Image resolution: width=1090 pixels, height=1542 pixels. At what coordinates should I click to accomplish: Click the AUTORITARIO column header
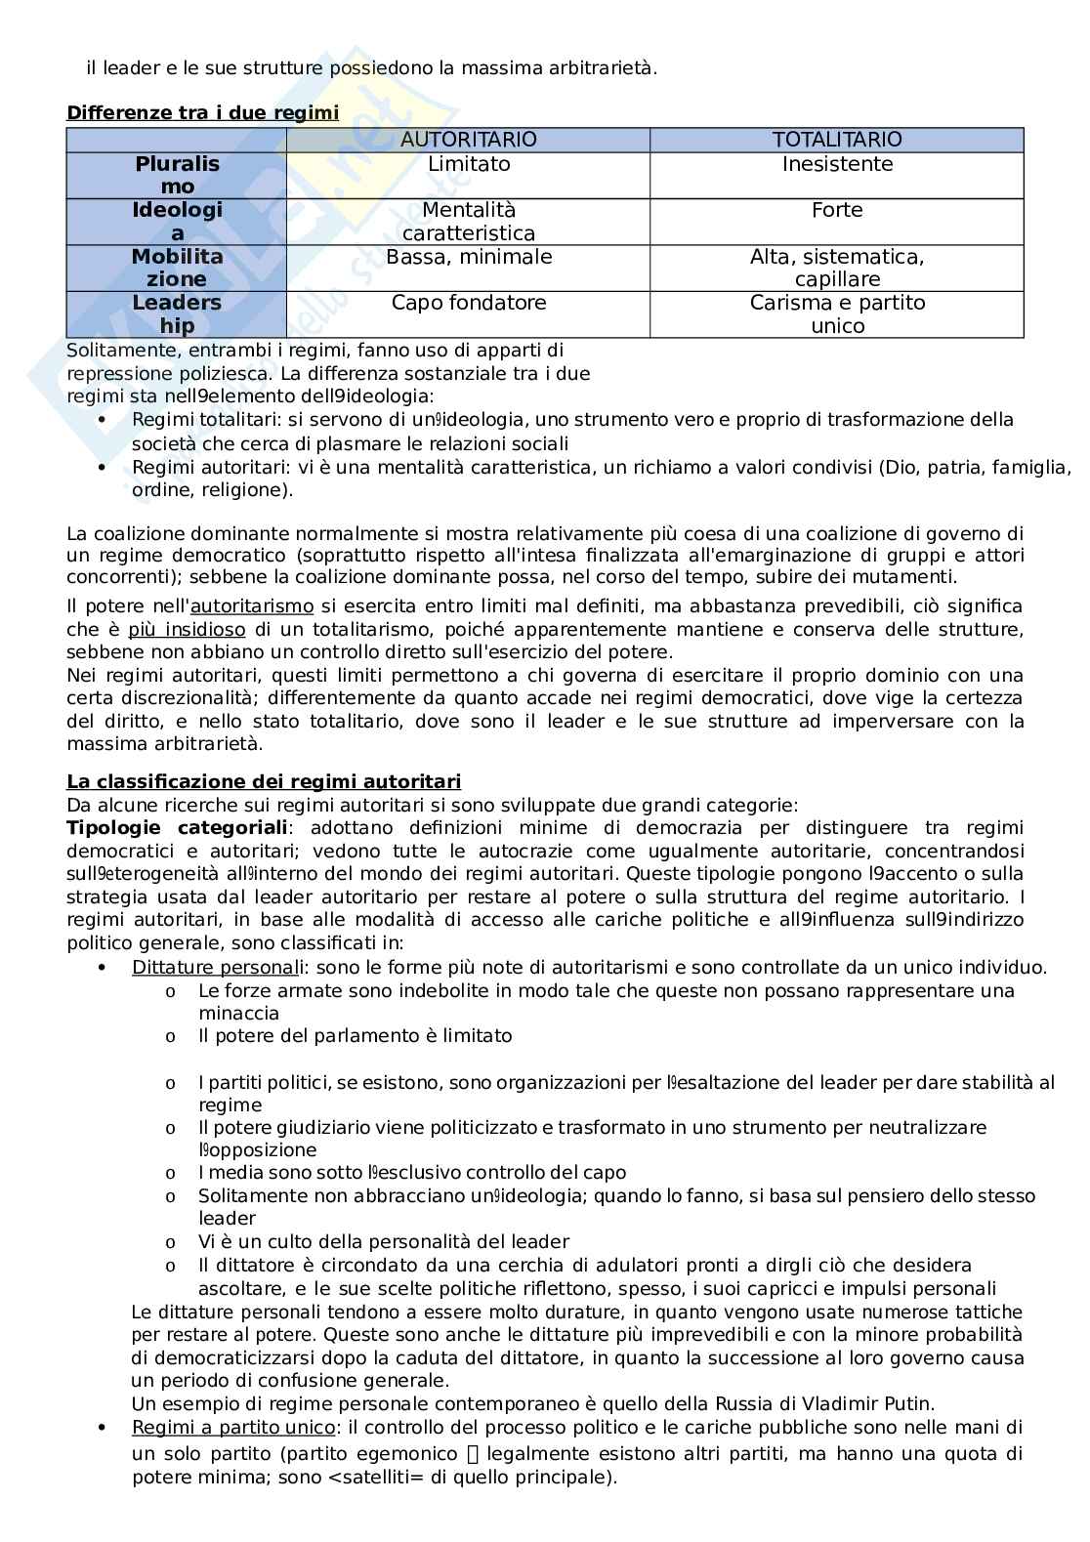point(469,140)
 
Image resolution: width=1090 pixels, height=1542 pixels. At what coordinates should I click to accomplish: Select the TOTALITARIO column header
point(837,140)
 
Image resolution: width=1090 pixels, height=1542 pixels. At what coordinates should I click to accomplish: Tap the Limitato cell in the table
point(469,164)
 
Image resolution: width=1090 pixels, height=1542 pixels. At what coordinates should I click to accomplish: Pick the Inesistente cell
point(837,164)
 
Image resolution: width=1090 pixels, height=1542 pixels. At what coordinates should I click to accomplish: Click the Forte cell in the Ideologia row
point(837,210)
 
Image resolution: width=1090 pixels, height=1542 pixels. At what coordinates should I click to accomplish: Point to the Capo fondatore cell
point(469,303)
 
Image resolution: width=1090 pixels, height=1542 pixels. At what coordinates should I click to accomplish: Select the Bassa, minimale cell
point(469,257)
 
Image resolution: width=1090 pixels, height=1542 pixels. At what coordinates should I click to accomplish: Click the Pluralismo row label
point(177,176)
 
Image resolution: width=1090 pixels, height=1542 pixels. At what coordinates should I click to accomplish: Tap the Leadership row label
point(177,314)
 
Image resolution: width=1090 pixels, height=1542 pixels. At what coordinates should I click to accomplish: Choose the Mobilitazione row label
point(177,269)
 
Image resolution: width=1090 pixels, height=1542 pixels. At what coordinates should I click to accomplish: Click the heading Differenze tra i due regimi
point(202,113)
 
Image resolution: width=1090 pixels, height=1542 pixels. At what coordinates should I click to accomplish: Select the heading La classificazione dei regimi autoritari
point(264,782)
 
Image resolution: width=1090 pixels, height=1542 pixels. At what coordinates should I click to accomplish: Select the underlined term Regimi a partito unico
point(233,1428)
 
